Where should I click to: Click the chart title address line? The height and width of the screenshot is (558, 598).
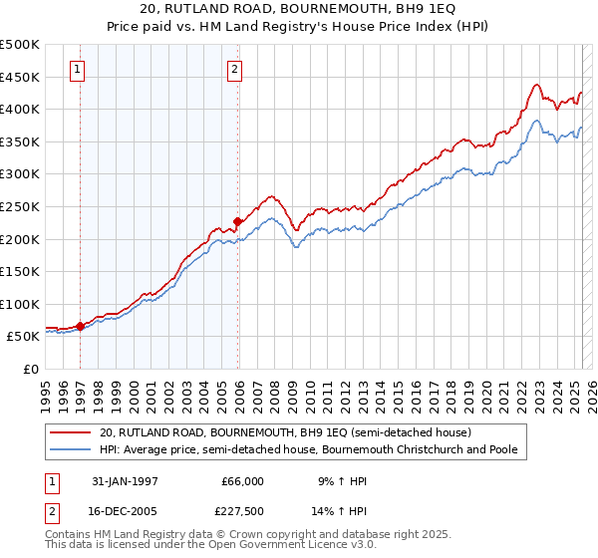point(299,10)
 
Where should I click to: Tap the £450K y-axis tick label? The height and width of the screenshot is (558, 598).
point(20,77)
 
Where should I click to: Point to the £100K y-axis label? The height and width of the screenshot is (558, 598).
point(20,304)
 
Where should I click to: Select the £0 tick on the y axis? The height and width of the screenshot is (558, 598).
point(31,369)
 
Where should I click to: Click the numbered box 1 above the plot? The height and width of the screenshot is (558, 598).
point(78,70)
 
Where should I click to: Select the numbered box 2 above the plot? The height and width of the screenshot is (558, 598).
point(234,70)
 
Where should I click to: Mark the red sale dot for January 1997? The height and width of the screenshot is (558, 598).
point(81,326)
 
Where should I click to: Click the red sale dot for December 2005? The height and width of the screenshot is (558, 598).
point(237,221)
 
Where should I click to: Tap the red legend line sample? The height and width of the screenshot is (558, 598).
point(71,432)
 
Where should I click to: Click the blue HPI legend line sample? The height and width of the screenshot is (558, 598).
point(71,450)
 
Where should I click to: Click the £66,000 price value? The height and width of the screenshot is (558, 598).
point(241,481)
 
